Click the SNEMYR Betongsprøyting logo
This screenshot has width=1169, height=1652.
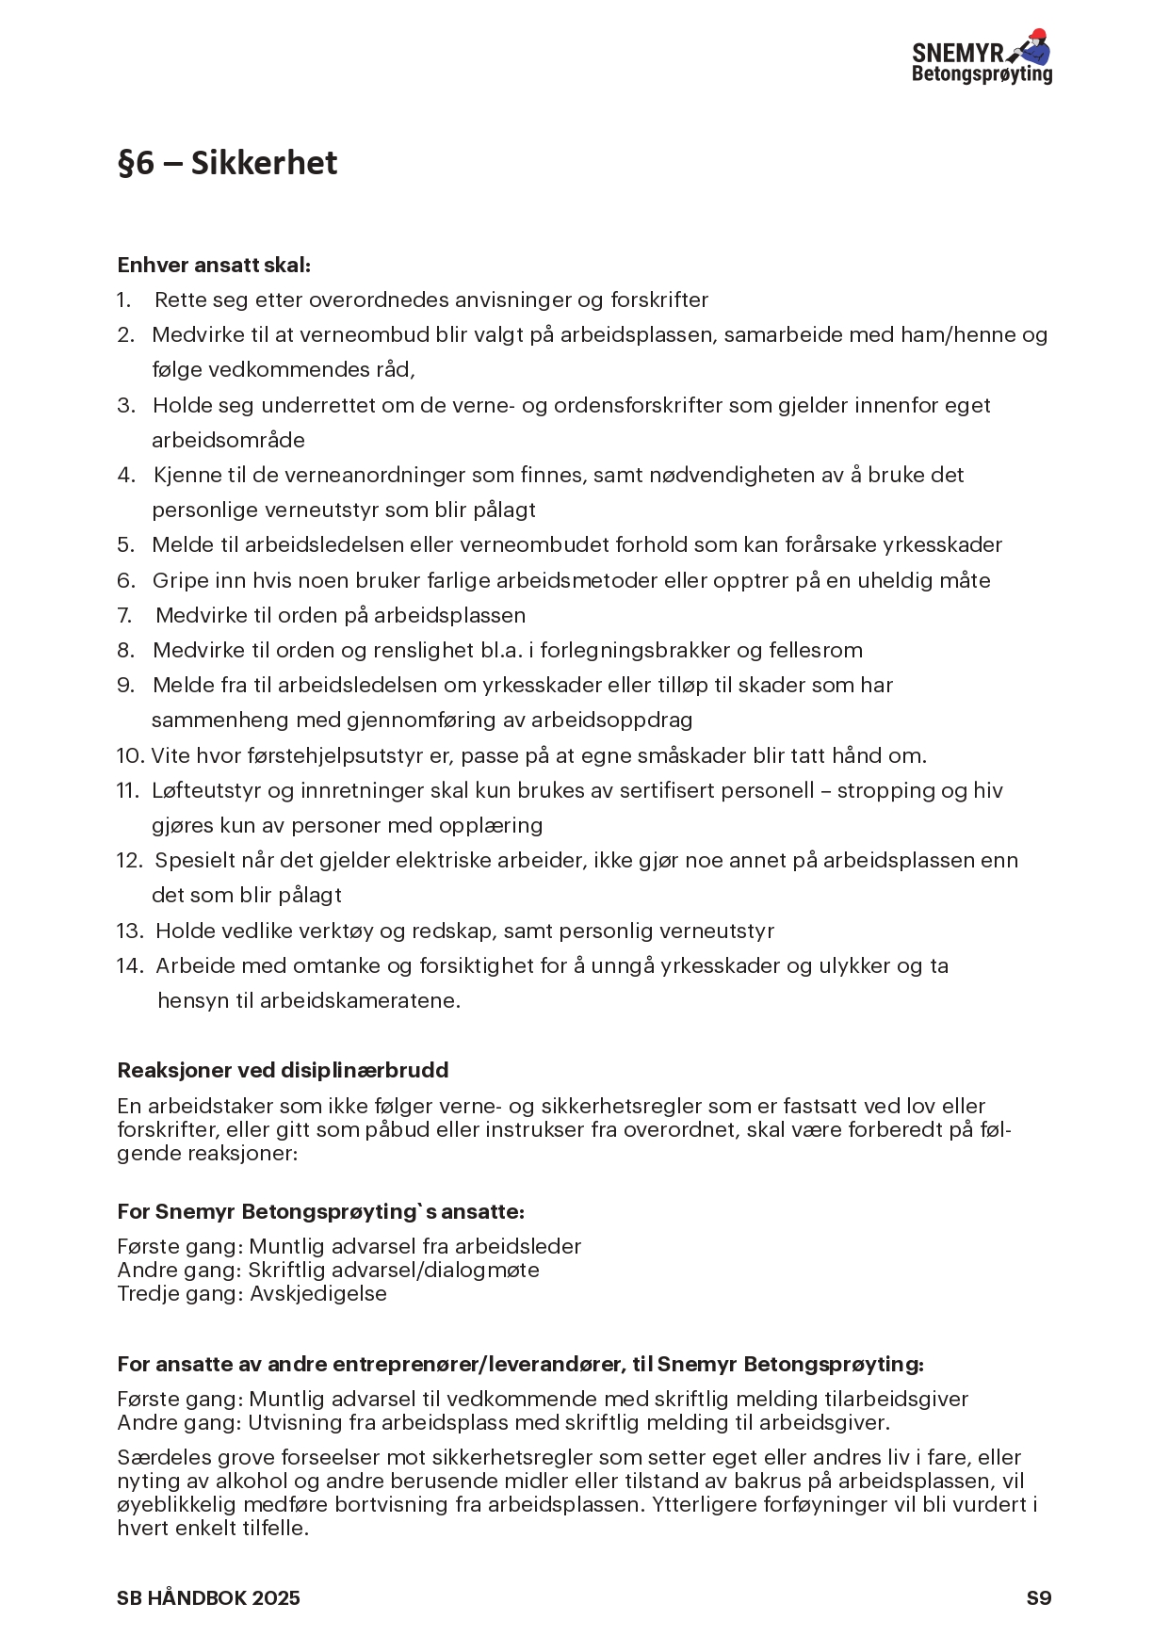(x=982, y=57)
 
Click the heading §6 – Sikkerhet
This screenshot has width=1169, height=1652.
(x=227, y=163)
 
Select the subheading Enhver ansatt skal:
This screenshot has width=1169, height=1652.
(x=214, y=265)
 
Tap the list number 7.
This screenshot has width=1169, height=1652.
(x=124, y=615)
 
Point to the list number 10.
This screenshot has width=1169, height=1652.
(x=129, y=755)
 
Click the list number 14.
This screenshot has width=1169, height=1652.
(x=129, y=965)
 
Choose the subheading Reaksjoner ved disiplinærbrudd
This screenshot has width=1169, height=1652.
(x=283, y=1070)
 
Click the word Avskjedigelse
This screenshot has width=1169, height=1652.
(x=318, y=1293)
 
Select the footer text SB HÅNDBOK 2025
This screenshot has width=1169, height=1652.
(x=208, y=1598)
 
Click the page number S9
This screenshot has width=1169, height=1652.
(x=1039, y=1598)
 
